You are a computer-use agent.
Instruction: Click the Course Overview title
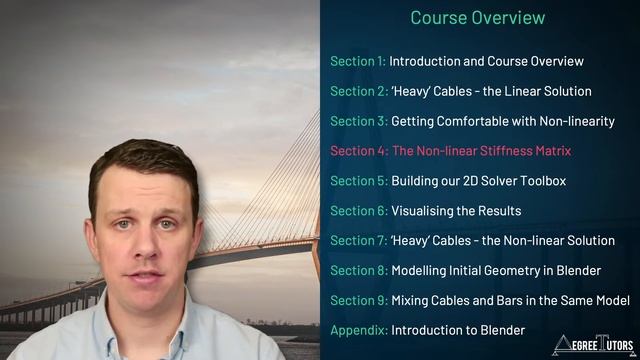pos(478,18)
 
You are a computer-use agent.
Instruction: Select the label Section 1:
pos(357,61)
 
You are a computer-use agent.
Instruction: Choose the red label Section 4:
pos(358,151)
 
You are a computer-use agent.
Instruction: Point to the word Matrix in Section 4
pos(577,151)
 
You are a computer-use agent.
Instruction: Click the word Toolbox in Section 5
pos(566,181)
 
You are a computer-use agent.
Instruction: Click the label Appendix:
pos(358,330)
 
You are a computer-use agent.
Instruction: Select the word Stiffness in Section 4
pos(518,151)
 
